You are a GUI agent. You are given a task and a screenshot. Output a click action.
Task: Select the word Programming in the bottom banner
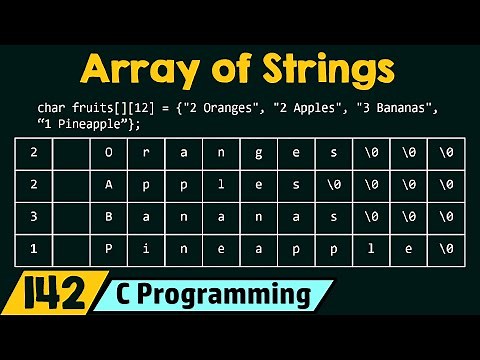(230, 295)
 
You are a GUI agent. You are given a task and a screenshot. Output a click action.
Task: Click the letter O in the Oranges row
(107, 152)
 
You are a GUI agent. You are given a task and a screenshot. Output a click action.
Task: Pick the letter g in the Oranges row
(258, 152)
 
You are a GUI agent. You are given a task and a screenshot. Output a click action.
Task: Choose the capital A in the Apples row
(107, 183)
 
